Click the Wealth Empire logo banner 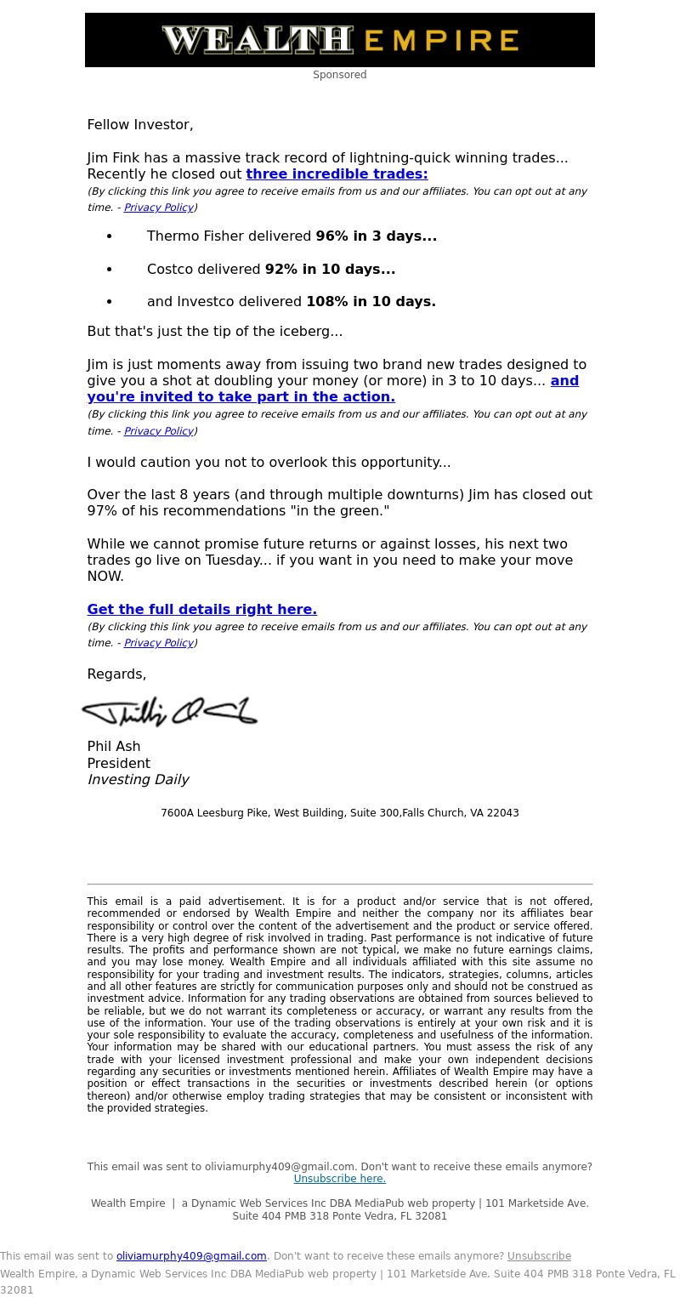[340, 40]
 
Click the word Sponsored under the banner [339, 75]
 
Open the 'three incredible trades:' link [337, 174]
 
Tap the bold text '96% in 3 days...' [376, 236]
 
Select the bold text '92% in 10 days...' [330, 270]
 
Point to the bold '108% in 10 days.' [371, 302]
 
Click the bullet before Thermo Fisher [109, 236]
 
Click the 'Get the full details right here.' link [201, 610]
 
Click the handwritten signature [169, 712]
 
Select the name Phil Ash [114, 747]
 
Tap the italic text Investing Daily [138, 780]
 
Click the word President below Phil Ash [118, 764]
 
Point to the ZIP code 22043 [501, 813]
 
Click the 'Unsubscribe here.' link [339, 1179]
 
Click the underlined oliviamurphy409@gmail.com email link [191, 1256]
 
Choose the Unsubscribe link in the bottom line [539, 1256]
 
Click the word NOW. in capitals [105, 577]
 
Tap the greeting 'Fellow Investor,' [140, 125]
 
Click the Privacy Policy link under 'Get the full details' [158, 643]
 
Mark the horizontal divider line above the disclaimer [340, 885]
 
